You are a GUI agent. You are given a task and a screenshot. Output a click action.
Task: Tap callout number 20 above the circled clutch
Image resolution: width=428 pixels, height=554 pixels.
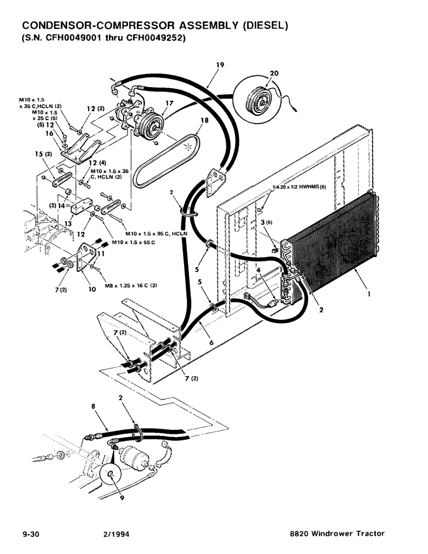coord(274,73)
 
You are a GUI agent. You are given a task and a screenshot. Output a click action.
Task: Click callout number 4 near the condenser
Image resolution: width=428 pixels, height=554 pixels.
coord(258,271)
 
